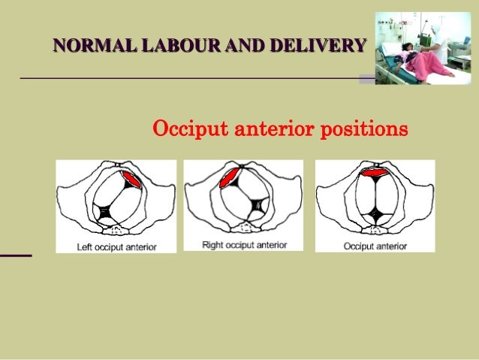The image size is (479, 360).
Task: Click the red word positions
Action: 363,130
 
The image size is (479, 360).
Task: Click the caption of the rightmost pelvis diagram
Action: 375,246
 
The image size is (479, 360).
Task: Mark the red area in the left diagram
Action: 134,180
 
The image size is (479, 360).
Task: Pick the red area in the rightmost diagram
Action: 375,172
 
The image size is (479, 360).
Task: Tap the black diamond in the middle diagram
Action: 259,204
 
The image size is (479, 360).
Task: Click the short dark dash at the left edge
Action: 16,256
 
